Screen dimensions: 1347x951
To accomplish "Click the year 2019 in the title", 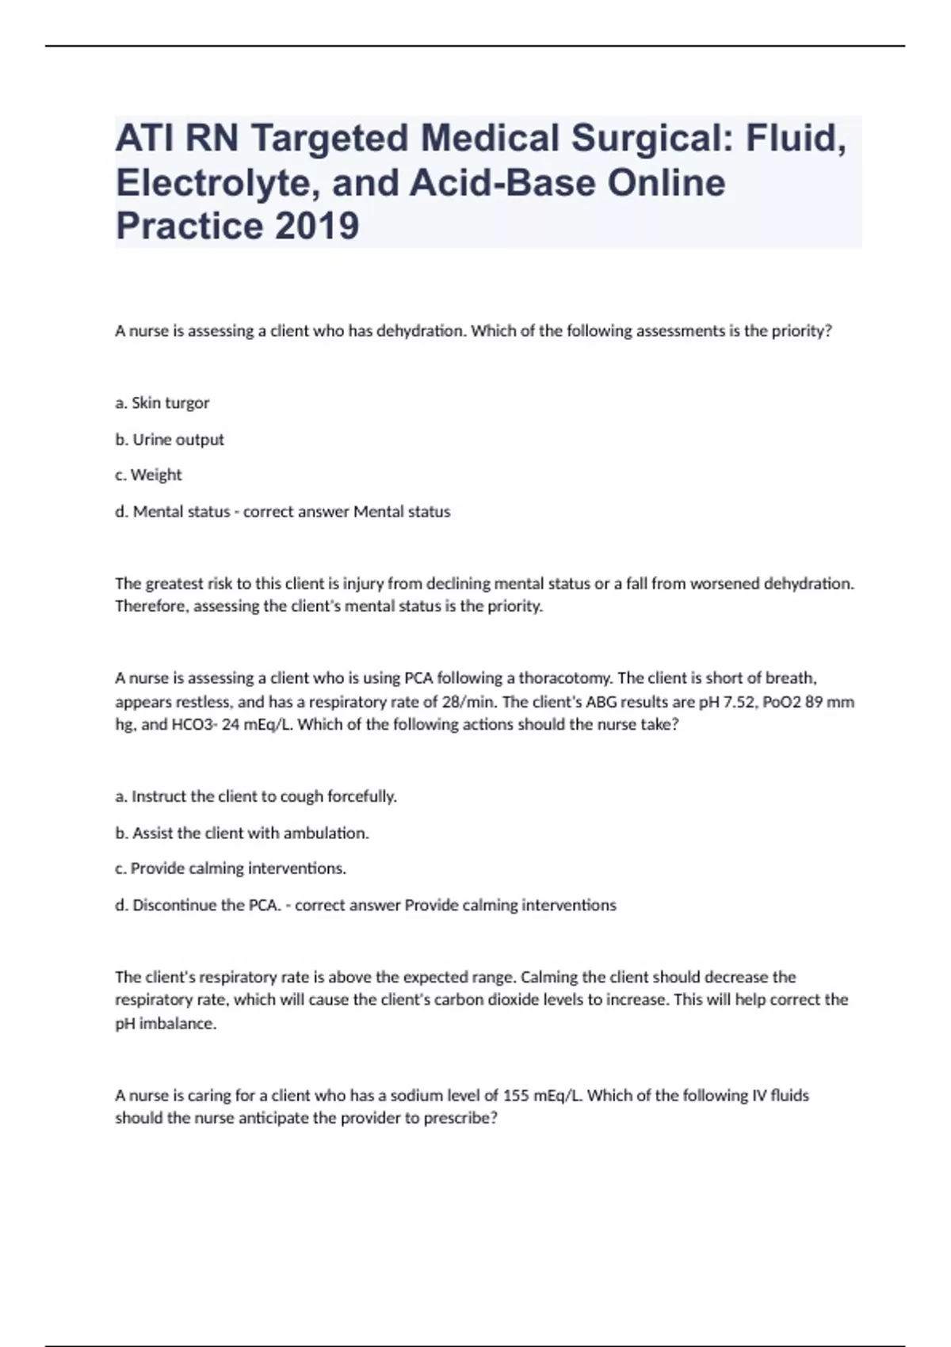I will (x=316, y=226).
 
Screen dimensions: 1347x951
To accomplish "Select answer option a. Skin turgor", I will (x=162, y=403).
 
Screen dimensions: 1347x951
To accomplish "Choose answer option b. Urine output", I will (x=170, y=439).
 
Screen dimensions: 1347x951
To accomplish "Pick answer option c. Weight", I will (x=148, y=475).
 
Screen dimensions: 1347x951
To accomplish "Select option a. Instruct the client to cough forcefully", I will (x=256, y=796).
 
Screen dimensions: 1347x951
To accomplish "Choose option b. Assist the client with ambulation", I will (x=243, y=833).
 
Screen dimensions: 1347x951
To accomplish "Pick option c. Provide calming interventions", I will (x=231, y=868).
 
